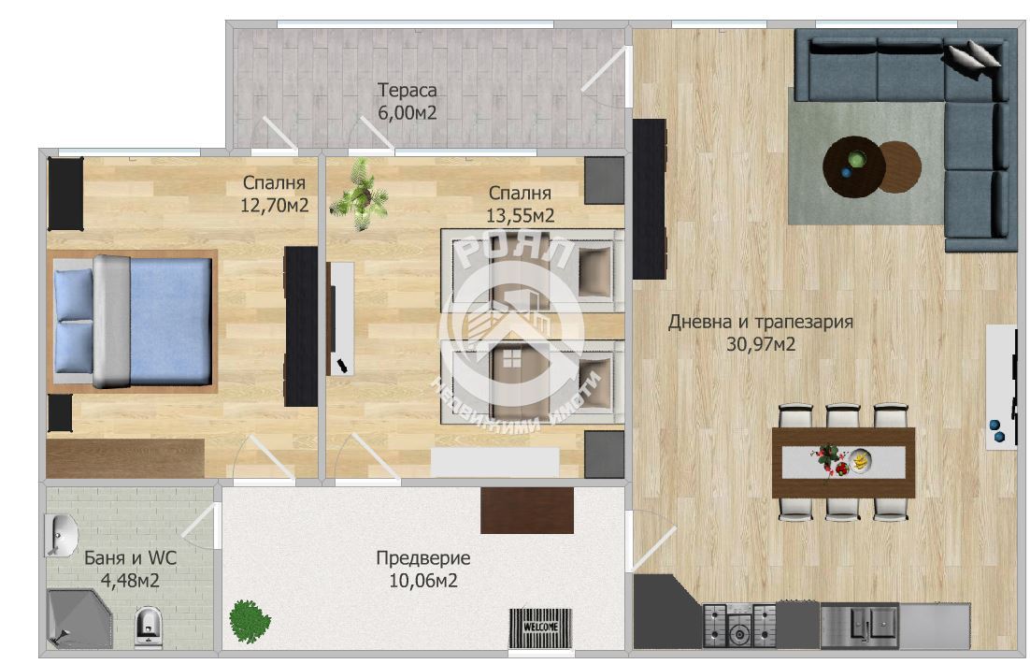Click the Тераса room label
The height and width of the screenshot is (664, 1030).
pos(408,90)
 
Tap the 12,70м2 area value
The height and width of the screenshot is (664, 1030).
pos(274,206)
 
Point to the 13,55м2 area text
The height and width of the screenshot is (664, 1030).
pos(521,216)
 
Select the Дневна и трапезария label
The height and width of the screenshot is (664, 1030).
pos(761,322)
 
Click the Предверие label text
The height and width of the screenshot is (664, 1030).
pos(423,559)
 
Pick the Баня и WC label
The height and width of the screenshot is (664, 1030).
pos(131,558)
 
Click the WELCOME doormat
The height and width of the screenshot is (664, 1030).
pos(540,628)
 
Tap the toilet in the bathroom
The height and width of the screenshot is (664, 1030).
pos(149,628)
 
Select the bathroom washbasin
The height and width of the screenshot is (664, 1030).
pos(60,535)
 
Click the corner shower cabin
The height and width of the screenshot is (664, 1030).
pos(77,618)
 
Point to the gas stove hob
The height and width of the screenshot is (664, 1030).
pos(739,626)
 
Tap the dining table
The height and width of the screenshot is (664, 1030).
pos(843,462)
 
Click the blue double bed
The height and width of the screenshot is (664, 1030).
pos(134,321)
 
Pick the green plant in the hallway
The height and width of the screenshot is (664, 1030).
pos(250,621)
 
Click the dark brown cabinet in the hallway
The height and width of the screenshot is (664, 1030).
pos(527,511)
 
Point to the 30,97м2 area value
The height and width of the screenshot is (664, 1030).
pos(761,344)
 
